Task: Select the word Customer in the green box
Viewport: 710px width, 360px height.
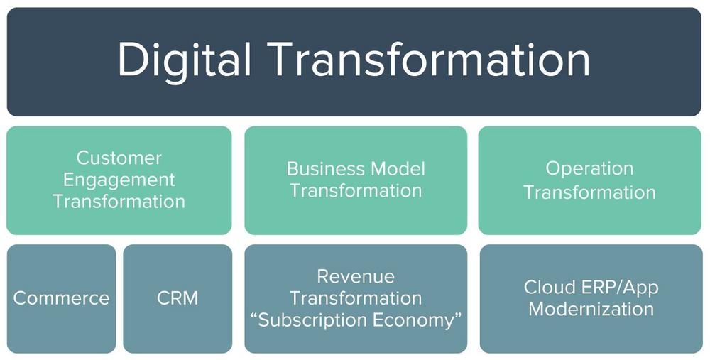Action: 119,158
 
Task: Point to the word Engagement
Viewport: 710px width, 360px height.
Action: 119,180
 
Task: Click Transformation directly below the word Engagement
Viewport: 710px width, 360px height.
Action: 119,202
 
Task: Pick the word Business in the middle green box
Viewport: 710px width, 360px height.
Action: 327,169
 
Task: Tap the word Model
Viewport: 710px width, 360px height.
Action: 398,169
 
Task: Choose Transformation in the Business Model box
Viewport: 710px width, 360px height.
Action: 356,190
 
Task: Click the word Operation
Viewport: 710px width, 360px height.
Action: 589,169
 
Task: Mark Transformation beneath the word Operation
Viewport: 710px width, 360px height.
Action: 589,192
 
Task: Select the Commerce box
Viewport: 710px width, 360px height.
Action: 61,298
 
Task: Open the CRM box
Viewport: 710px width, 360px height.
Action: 177,298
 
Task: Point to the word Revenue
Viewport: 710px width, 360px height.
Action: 356,276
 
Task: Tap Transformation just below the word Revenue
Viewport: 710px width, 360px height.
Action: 356,298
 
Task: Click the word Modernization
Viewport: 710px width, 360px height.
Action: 591,310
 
